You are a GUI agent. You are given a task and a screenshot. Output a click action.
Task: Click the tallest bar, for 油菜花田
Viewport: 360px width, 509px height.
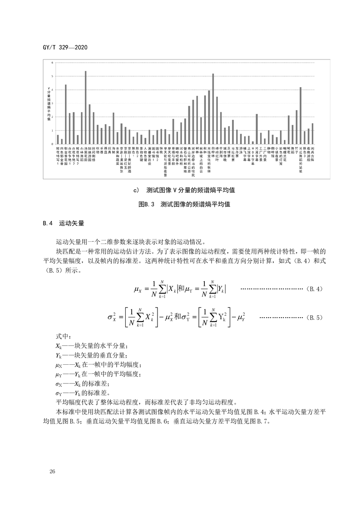click(x=85, y=108)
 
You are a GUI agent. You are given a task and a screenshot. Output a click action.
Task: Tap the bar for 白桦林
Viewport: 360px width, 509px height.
click(x=213, y=109)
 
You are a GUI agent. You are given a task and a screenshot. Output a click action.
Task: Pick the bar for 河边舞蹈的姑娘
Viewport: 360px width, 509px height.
click(x=301, y=116)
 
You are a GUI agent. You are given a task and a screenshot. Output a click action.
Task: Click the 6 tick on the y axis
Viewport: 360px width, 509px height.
click(x=52, y=62)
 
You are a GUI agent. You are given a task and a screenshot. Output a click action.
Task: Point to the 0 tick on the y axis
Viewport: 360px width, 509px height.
click(x=52, y=144)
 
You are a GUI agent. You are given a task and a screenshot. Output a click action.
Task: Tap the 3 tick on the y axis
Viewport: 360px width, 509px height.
click(x=52, y=103)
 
